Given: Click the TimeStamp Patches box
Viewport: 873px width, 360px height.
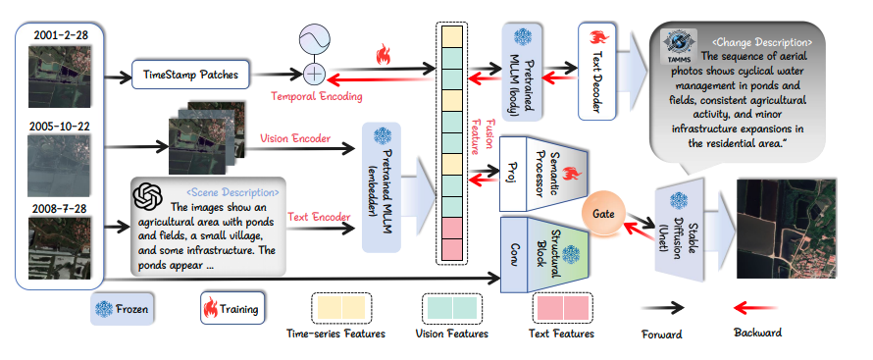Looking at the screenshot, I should click(186, 75).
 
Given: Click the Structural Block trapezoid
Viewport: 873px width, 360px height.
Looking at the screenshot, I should click(555, 254).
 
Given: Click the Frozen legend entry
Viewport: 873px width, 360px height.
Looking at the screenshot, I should click(125, 309).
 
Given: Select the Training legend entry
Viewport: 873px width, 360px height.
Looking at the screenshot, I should click(231, 309).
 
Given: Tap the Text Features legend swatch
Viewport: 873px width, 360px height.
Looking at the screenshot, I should click(563, 307).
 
